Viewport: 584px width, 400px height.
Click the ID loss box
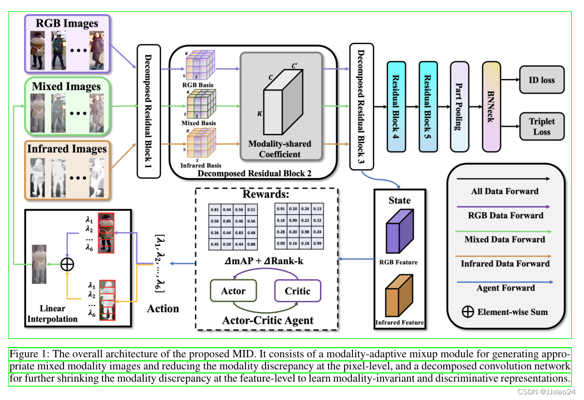point(541,80)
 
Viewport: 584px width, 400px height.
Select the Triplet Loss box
point(541,126)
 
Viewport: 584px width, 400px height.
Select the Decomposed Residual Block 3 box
point(361,106)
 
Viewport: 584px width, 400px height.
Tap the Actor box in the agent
point(233,291)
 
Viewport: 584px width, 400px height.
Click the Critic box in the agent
point(297,291)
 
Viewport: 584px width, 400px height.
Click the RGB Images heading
point(67,23)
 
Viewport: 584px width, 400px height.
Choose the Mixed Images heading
point(66,86)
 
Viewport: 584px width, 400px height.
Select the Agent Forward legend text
point(506,288)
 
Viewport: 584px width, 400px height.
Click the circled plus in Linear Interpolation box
point(67,264)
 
